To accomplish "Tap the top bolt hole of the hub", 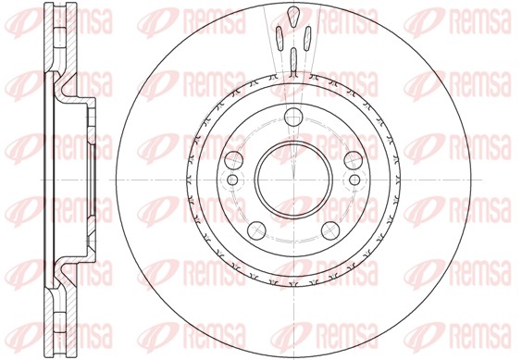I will pos(293,116).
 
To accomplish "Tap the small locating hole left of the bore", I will pos(233,179).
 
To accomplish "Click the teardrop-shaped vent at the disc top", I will pos(293,16).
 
